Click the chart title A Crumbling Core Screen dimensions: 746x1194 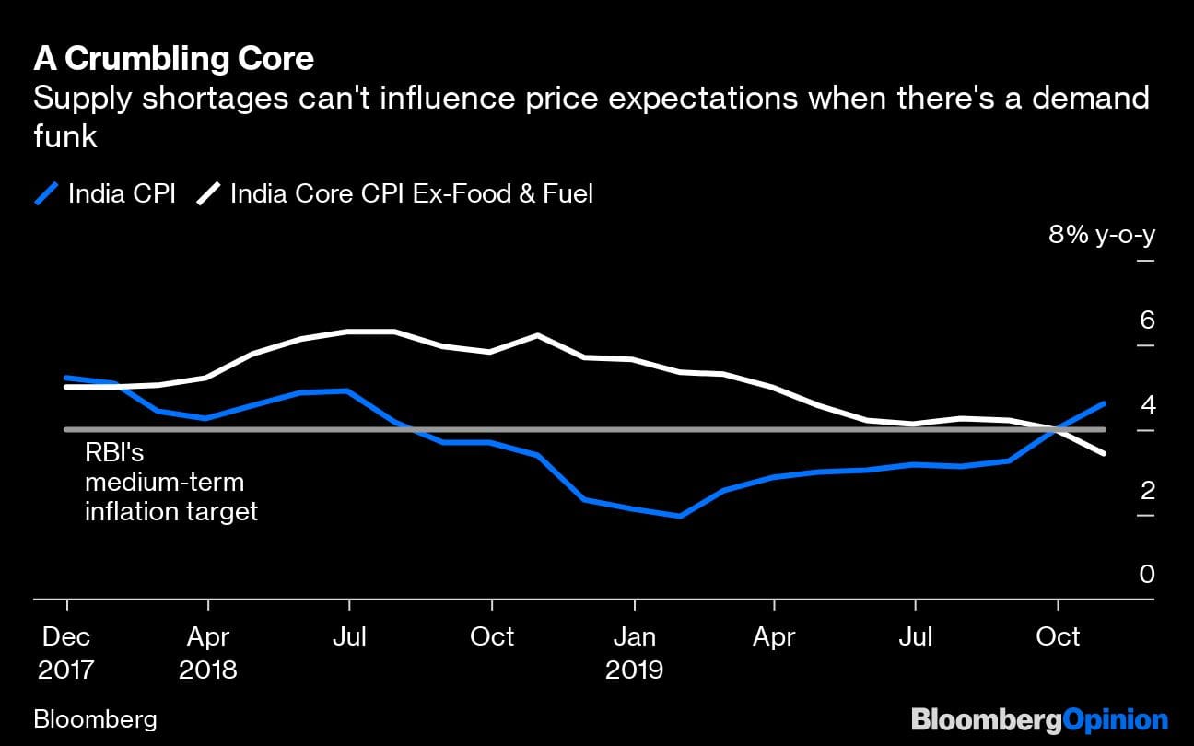click(x=173, y=59)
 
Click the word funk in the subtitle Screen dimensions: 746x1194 click(x=64, y=137)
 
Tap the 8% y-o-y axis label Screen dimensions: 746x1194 click(x=1101, y=235)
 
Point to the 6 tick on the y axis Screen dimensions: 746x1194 click(x=1146, y=321)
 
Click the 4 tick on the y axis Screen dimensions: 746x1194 click(x=1146, y=405)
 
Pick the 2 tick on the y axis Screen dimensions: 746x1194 click(x=1146, y=490)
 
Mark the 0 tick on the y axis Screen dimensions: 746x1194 click(x=1146, y=575)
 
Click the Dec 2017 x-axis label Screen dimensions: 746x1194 click(x=66, y=652)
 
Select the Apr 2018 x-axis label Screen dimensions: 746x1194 click(x=208, y=652)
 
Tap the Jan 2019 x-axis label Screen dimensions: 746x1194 click(x=634, y=652)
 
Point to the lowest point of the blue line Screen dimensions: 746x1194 click(x=680, y=516)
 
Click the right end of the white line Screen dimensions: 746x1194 click(x=1104, y=453)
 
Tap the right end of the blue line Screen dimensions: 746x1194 click(x=1104, y=403)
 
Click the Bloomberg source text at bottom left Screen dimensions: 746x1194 click(x=95, y=719)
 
